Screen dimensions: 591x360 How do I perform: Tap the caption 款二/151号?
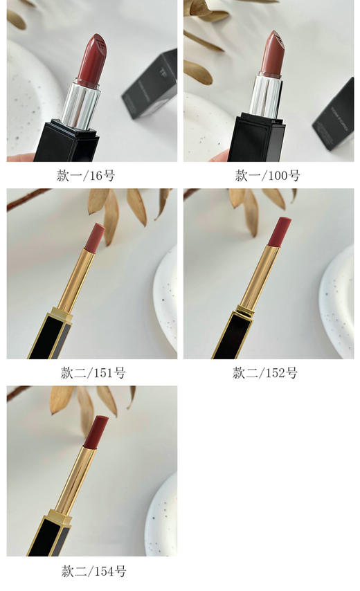tap(91, 373)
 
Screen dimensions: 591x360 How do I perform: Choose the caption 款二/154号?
tap(91, 571)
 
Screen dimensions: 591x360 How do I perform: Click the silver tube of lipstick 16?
tap(82, 104)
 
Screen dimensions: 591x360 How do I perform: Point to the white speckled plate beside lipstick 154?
tap(161, 516)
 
